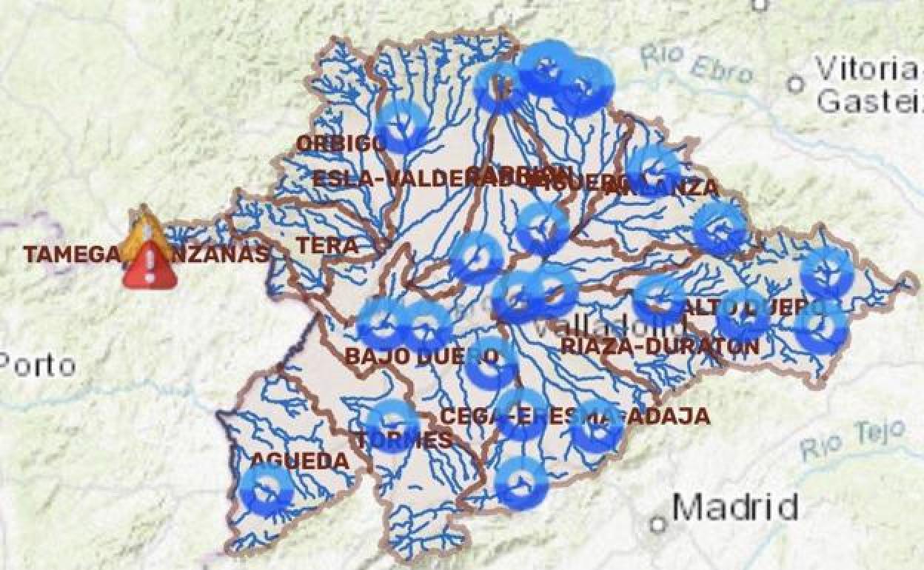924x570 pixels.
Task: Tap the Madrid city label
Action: (x=735, y=508)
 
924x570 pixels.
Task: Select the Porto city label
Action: (x=37, y=365)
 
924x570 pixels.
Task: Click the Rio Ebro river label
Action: (x=697, y=64)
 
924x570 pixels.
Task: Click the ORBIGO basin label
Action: (x=341, y=143)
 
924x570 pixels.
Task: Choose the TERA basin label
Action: (x=327, y=246)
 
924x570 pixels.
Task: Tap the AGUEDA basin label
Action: (x=300, y=461)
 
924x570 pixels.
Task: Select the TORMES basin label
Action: (x=404, y=440)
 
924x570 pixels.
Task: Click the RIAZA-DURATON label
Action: (x=660, y=346)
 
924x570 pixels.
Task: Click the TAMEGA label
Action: (x=71, y=255)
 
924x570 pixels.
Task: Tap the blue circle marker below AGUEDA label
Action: (x=267, y=489)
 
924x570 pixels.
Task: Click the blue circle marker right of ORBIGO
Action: (x=402, y=127)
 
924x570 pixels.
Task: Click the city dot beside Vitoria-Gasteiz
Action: (x=796, y=84)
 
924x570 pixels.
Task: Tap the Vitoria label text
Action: (x=867, y=70)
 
